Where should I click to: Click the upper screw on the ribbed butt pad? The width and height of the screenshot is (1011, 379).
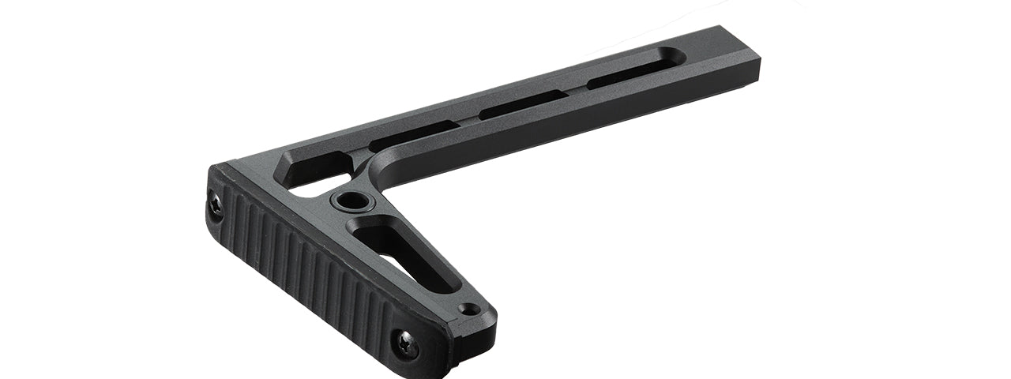(215, 205)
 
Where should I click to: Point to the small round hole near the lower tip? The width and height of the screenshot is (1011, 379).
(472, 310)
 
